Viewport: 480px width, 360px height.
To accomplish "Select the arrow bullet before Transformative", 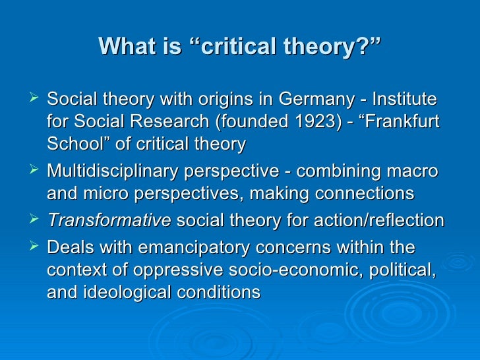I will [x=36, y=219].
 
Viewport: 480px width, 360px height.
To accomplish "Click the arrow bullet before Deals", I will [x=36, y=247].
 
